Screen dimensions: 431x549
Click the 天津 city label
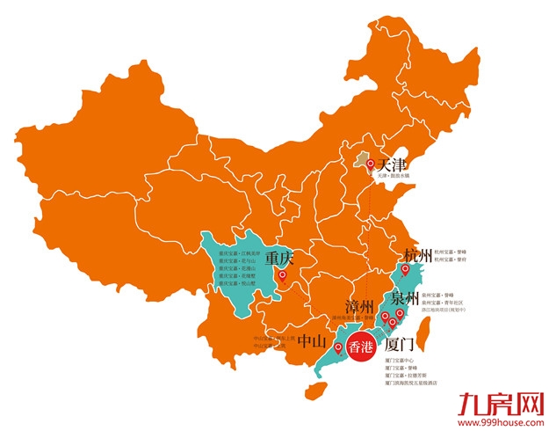click(391, 164)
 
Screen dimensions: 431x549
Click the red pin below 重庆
click(282, 276)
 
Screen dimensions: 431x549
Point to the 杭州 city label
click(419, 257)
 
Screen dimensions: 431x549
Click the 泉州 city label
click(407, 297)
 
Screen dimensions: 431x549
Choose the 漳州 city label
click(360, 307)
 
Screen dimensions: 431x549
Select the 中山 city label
click(313, 342)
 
